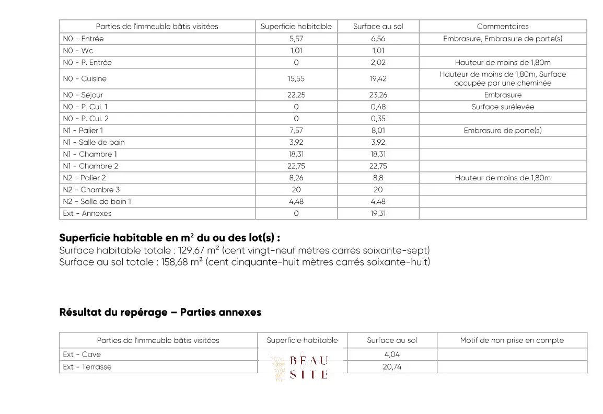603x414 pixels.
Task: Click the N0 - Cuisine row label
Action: (x=85, y=79)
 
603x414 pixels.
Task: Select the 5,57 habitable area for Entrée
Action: (x=296, y=39)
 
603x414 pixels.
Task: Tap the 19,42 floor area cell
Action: (x=378, y=79)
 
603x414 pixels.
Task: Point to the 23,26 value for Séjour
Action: (x=378, y=95)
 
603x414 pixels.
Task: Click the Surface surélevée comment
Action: (x=503, y=107)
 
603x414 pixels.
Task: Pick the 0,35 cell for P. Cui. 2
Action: (x=378, y=119)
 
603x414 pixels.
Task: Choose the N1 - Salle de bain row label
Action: (x=94, y=142)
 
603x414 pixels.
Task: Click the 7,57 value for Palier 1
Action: (x=296, y=130)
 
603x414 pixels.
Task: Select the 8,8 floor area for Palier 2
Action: (x=378, y=178)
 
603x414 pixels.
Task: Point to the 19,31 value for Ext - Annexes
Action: (x=378, y=213)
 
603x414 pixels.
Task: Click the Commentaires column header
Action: (x=503, y=26)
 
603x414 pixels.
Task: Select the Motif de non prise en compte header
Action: (x=512, y=340)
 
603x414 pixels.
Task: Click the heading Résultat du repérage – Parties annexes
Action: (x=160, y=312)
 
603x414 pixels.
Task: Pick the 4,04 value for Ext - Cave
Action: (x=392, y=354)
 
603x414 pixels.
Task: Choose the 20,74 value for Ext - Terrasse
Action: (x=392, y=367)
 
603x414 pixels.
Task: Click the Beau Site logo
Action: (x=302, y=367)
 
